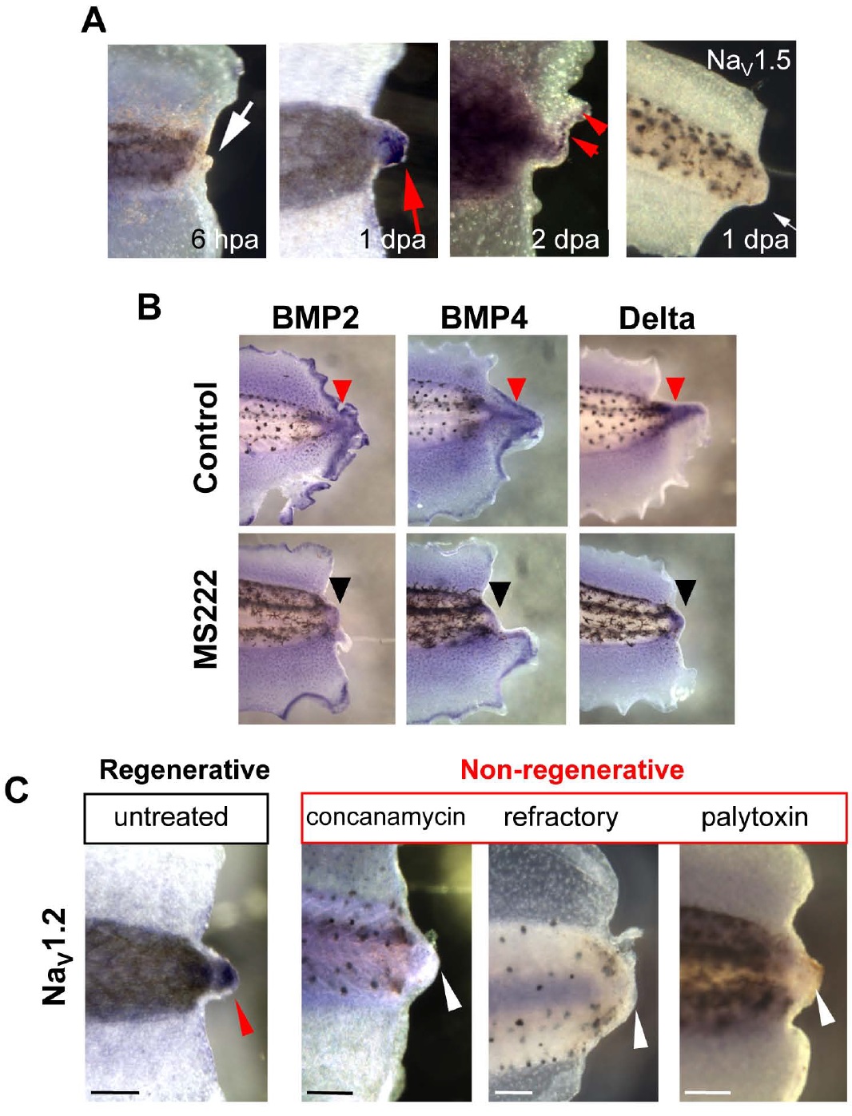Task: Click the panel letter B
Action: [149, 308]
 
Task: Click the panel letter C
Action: [17, 790]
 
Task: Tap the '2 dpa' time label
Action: [565, 239]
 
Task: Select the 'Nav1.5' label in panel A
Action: [748, 61]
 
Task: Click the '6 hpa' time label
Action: [225, 239]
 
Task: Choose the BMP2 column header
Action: [315, 318]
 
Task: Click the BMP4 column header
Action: [484, 318]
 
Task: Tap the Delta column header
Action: [656, 319]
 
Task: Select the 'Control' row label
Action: [206, 437]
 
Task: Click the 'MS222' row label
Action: [206, 619]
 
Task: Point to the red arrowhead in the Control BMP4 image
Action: [517, 389]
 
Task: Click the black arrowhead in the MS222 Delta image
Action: [686, 592]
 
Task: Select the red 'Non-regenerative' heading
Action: [572, 769]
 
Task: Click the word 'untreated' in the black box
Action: [171, 816]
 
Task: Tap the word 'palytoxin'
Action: [754, 817]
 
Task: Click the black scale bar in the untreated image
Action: [115, 1092]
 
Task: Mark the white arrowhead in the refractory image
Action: [640, 1031]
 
